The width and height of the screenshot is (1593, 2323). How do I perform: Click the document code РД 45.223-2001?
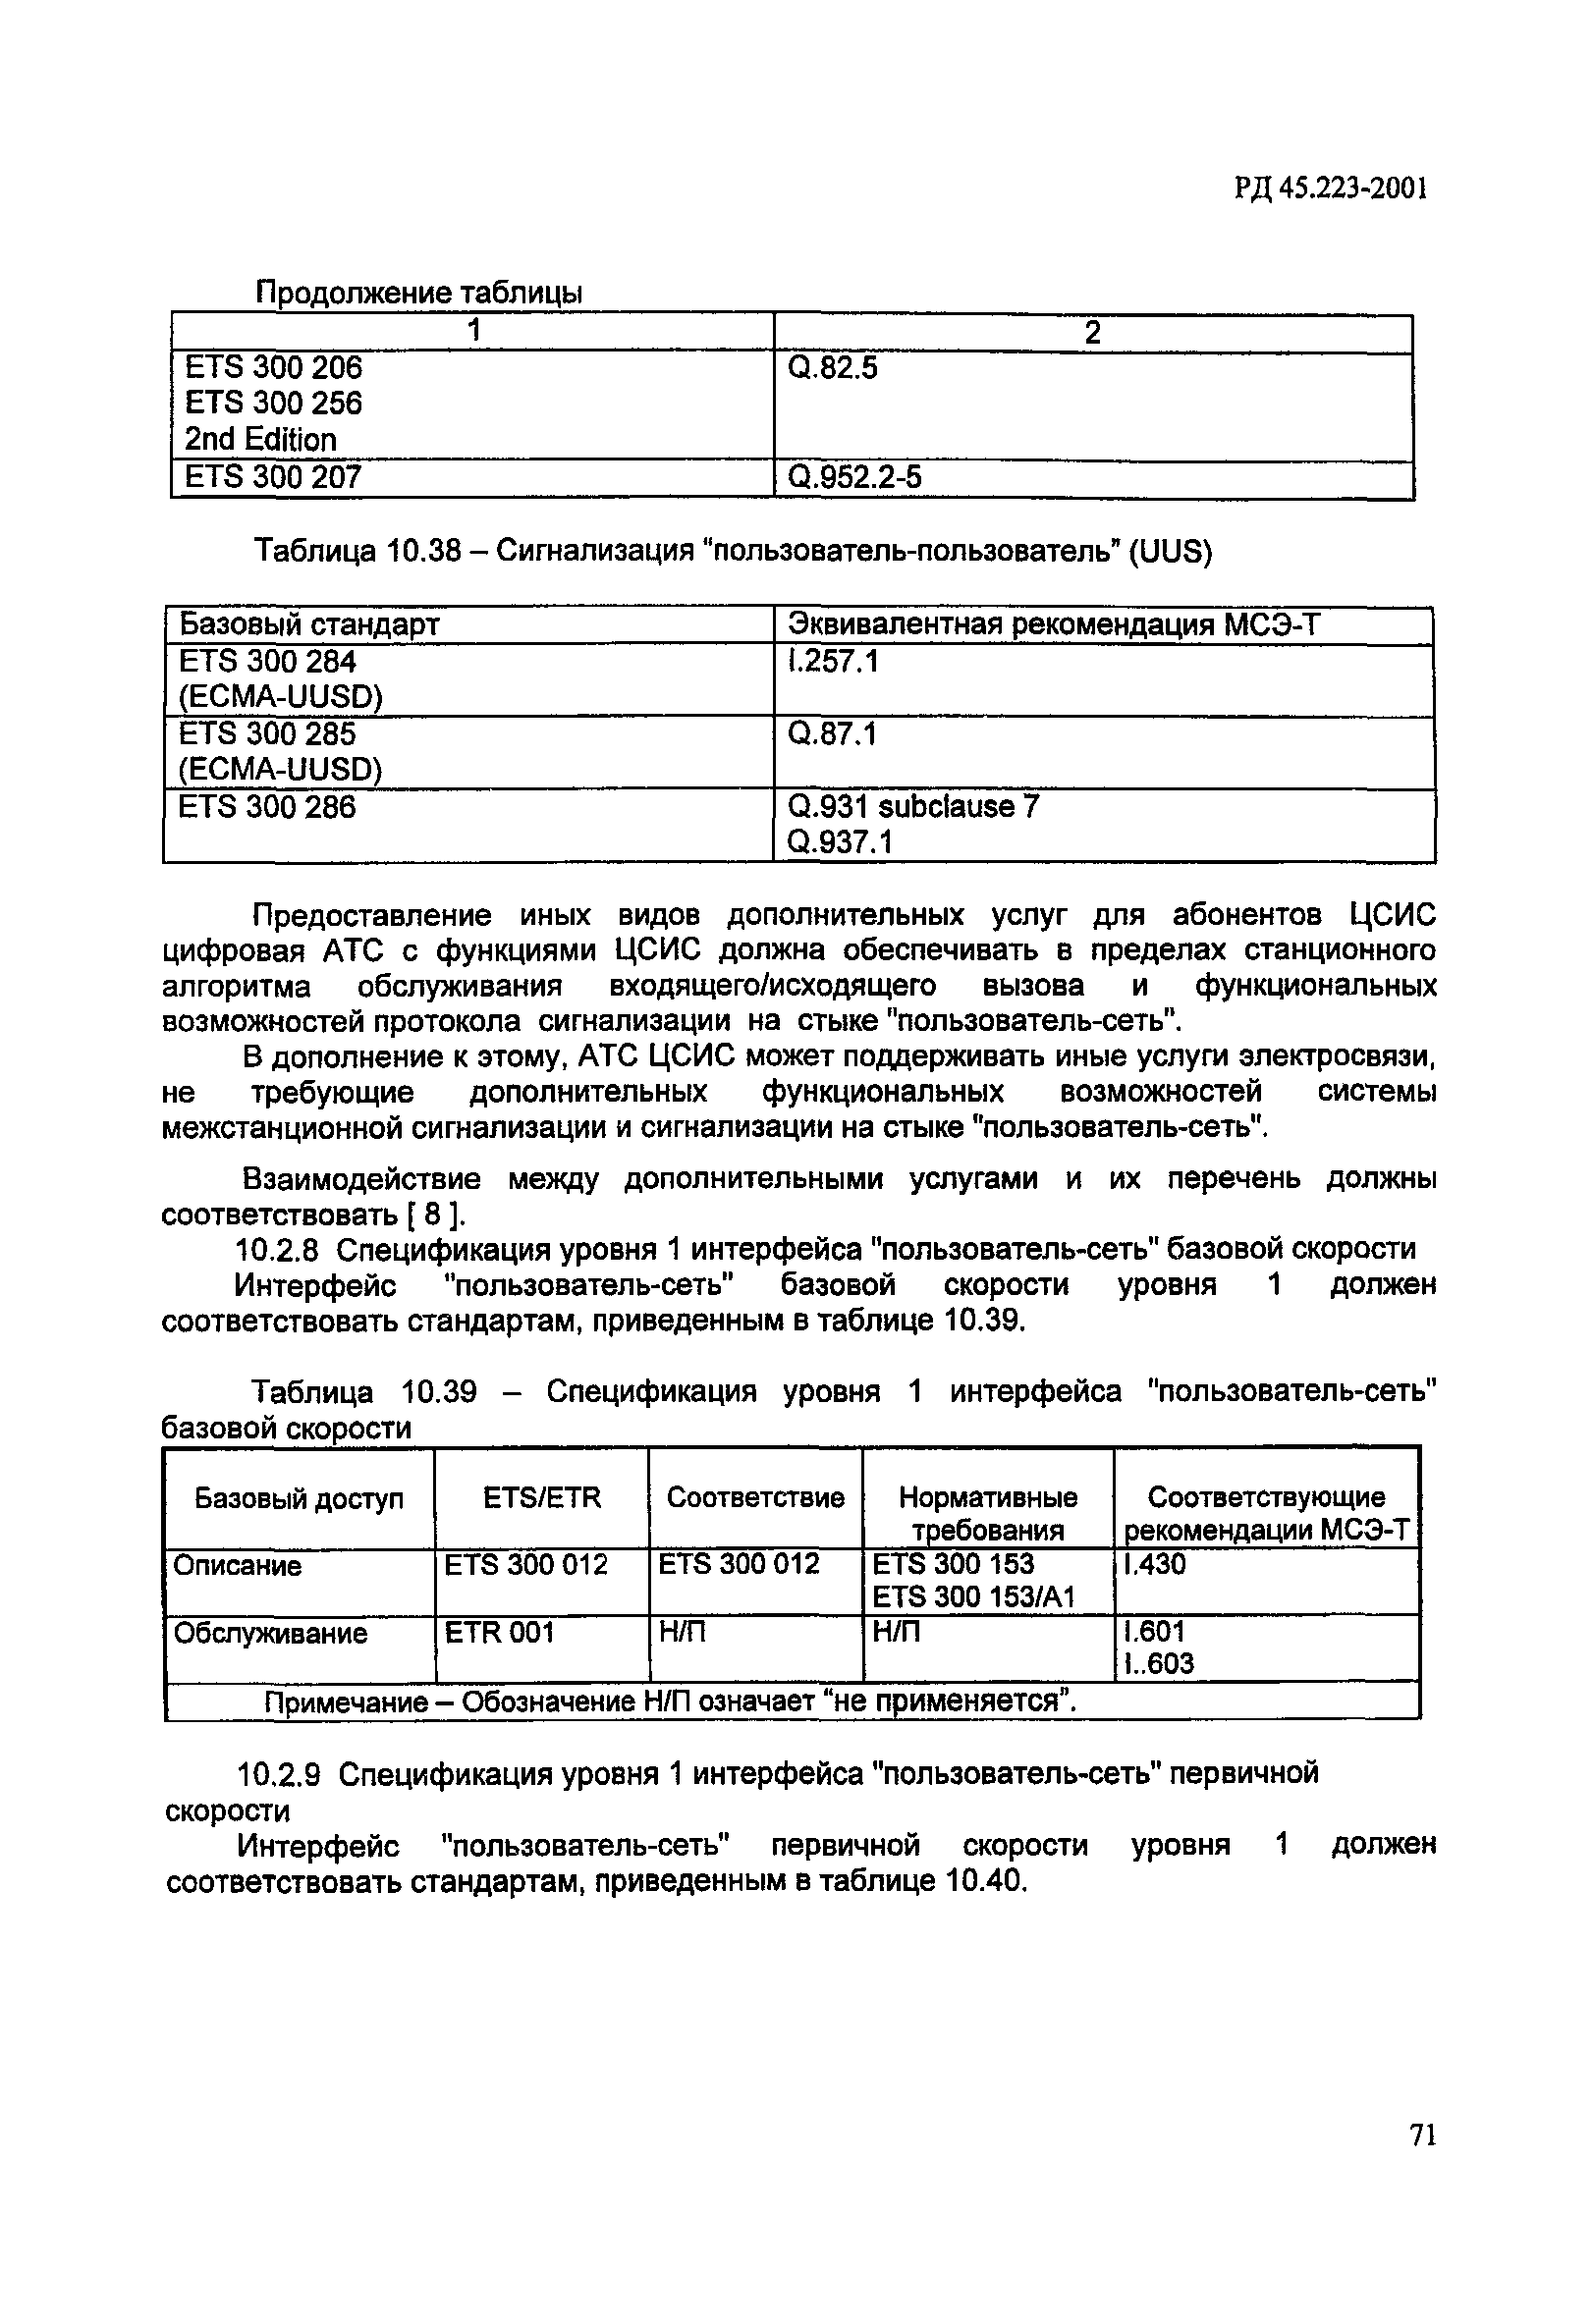click(1329, 189)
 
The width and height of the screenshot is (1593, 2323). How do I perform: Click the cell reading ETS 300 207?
click(273, 478)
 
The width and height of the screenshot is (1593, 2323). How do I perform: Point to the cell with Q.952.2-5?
click(854, 478)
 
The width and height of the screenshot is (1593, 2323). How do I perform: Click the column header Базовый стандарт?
click(309, 624)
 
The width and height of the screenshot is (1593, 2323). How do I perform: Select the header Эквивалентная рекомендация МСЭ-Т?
click(1054, 624)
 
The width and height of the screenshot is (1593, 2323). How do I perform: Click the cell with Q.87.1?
click(831, 734)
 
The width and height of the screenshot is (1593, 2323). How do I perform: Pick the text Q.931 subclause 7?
click(913, 807)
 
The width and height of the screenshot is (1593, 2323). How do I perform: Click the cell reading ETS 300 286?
click(266, 807)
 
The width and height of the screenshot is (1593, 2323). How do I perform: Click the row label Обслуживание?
click(270, 1634)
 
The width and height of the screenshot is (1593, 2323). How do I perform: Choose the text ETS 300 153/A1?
click(973, 1597)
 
